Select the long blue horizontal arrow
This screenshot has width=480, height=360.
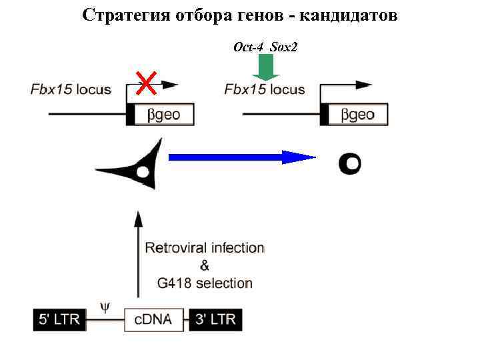click(x=241, y=158)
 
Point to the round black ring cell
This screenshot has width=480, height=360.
click(x=349, y=163)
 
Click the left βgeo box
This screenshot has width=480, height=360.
click(x=163, y=115)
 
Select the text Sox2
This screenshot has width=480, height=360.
click(x=285, y=47)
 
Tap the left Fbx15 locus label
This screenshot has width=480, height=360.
click(x=71, y=89)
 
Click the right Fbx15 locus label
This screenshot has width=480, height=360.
click(x=265, y=89)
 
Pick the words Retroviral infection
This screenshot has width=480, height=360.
click(x=205, y=248)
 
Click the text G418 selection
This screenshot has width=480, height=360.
click(x=205, y=283)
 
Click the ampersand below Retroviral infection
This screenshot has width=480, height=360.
click(x=205, y=265)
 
